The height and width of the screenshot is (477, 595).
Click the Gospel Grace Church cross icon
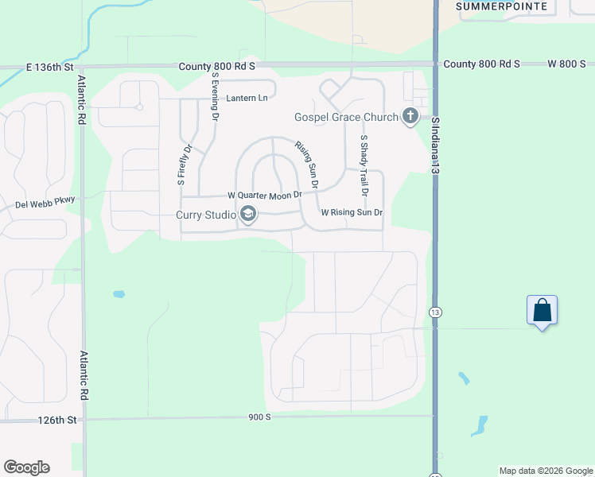[410, 117]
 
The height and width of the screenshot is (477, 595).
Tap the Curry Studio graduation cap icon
[247, 214]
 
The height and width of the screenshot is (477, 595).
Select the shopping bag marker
[542, 310]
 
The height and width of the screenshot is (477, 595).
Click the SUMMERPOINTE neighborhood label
[503, 6]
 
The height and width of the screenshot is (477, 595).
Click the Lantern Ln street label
[247, 98]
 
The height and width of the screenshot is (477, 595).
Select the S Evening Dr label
[215, 96]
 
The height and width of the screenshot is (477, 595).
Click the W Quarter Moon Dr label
[265, 195]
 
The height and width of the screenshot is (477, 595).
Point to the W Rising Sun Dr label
[352, 212]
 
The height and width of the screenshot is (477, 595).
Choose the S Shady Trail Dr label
[364, 165]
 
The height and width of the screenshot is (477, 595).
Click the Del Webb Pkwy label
[45, 204]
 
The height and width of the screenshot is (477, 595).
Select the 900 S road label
[259, 417]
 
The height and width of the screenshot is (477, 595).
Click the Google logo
[26, 467]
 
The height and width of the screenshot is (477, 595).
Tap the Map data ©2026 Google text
[546, 471]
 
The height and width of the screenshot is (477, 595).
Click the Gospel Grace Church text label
[346, 118]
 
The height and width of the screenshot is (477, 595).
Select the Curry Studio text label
[206, 215]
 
